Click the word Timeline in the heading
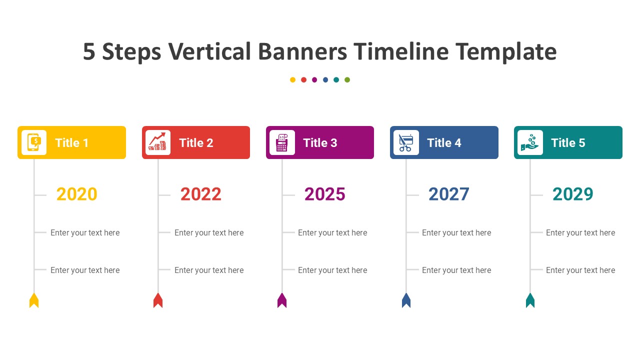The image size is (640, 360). [x=401, y=51]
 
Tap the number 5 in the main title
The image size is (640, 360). [x=89, y=51]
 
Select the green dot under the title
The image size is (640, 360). [x=347, y=79]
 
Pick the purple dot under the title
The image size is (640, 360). [x=314, y=79]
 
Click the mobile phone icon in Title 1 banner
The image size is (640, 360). [x=34, y=142]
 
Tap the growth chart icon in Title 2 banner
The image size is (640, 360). [x=157, y=141]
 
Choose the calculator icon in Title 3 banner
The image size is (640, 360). [x=281, y=142]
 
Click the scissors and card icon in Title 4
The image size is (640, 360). [x=406, y=142]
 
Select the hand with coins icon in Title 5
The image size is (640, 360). [x=530, y=142]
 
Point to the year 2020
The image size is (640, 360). [x=77, y=194]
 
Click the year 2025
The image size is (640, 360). [x=325, y=194]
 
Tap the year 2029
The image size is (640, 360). [x=573, y=194]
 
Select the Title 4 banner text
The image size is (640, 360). [x=444, y=143]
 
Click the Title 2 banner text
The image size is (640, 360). [x=196, y=143]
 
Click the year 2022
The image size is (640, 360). [x=201, y=194]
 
